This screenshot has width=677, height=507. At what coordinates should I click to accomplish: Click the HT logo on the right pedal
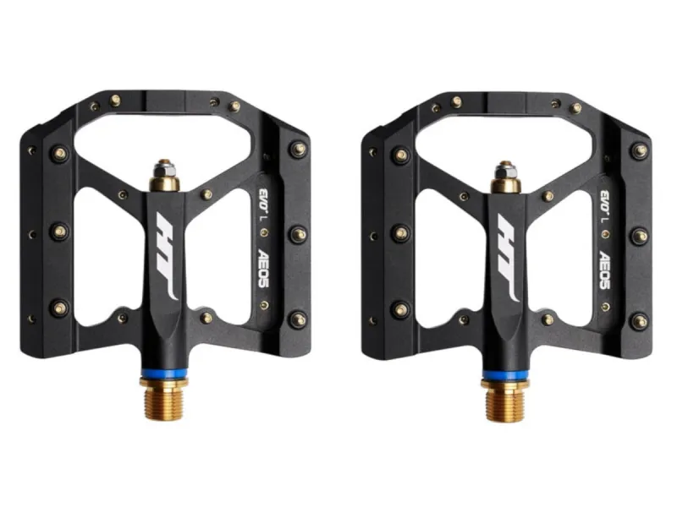coord(509,259)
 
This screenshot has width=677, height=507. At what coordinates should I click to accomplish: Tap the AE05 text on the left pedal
coord(264,269)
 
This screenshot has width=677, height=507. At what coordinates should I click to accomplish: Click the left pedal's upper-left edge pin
coord(59,154)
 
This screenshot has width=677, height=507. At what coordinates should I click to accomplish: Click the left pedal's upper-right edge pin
coord(298,150)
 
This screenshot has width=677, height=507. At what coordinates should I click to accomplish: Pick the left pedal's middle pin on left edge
coord(58,230)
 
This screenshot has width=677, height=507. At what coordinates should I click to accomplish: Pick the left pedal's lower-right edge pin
coord(298,319)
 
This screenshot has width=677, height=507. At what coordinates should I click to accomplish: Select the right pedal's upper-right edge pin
coord(640,150)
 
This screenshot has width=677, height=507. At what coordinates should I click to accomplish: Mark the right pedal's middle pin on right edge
coord(640,234)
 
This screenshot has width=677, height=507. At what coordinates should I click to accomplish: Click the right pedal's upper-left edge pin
coord(401,154)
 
